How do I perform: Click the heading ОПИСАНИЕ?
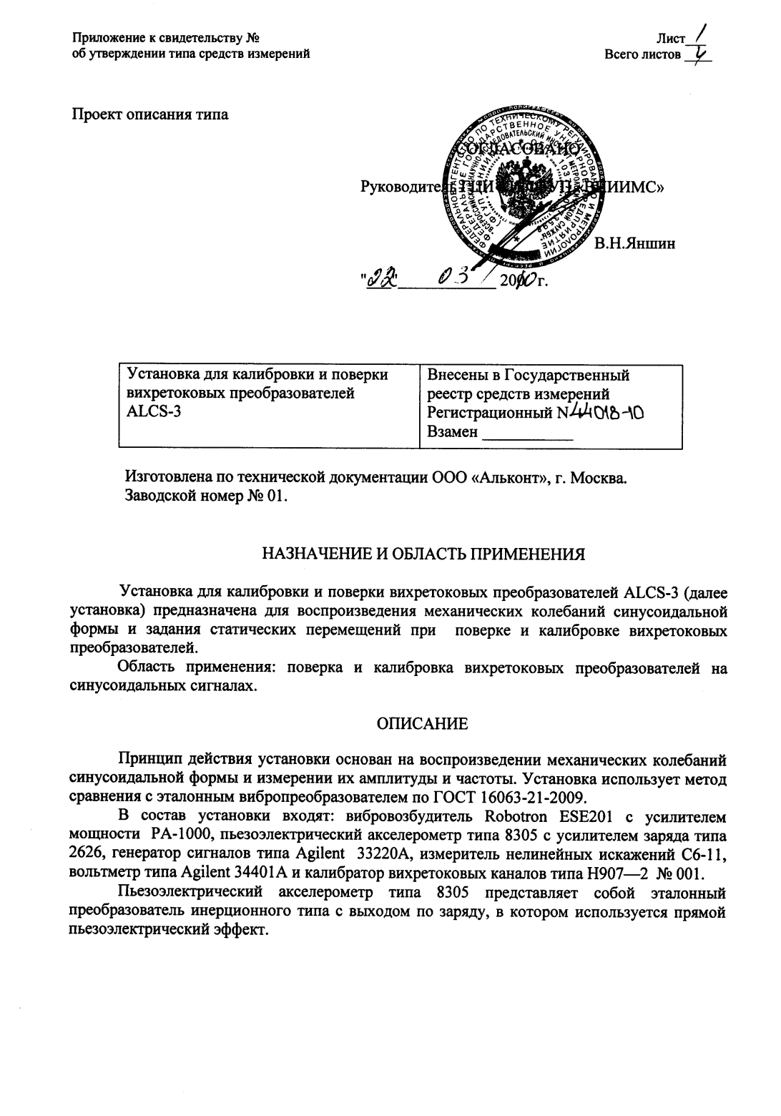[x=423, y=724]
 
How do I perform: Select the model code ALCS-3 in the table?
[x=149, y=413]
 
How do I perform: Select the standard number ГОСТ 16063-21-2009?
[x=510, y=796]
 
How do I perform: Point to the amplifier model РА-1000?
[x=176, y=834]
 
